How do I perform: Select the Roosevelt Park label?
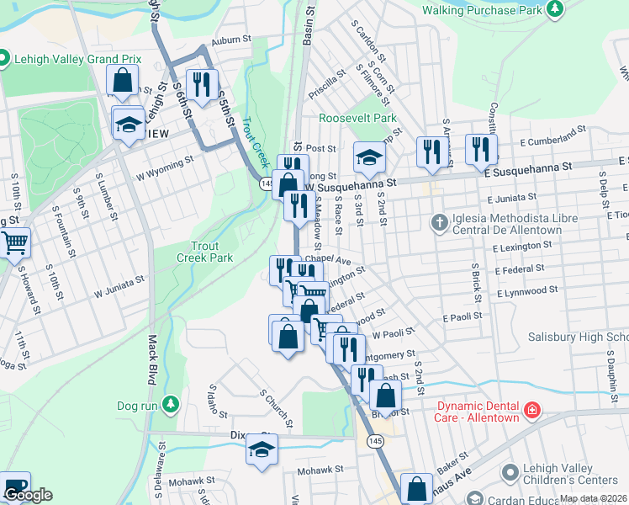point(357,119)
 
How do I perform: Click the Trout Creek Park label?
point(204,251)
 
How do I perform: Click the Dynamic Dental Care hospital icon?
point(531,410)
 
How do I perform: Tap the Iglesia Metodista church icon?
point(439,223)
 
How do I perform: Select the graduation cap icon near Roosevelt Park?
point(368,157)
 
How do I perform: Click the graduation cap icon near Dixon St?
point(262,448)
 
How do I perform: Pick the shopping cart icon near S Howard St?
point(14,242)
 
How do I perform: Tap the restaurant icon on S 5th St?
point(201,82)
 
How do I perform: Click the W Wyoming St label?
point(165,157)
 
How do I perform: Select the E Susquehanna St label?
point(527,168)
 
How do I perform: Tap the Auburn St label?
point(232,39)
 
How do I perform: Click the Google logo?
point(28,495)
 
